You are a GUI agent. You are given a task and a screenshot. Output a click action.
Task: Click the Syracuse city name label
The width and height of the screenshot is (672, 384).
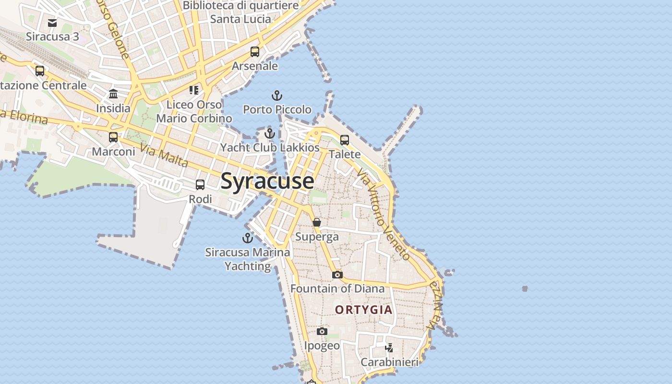click(267, 181)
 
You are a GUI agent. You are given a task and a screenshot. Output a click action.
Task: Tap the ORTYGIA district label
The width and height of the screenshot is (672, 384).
click(364, 310)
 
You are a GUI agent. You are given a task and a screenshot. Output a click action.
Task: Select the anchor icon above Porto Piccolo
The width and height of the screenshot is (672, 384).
click(277, 96)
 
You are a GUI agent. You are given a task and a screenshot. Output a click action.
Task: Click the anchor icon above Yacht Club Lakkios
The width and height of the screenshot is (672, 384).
click(270, 133)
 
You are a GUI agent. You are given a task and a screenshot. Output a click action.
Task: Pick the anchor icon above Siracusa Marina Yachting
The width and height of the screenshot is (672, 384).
click(247, 238)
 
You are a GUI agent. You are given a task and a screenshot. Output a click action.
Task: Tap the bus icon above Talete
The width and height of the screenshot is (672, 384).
click(345, 140)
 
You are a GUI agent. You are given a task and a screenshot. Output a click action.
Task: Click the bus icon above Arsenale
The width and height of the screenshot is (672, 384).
click(255, 52)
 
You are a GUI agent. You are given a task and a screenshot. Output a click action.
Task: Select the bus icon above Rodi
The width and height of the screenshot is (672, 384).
click(200, 185)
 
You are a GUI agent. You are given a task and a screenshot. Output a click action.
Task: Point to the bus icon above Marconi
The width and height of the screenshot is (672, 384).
click(113, 137)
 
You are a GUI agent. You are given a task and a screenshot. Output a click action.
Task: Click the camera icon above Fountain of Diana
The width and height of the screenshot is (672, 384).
click(337, 275)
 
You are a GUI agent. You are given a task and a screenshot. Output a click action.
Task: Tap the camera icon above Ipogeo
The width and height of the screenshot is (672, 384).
click(322, 331)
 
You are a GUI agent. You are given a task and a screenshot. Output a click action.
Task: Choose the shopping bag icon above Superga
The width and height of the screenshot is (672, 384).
click(317, 222)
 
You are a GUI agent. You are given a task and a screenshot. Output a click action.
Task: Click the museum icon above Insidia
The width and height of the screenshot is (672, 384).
click(113, 94)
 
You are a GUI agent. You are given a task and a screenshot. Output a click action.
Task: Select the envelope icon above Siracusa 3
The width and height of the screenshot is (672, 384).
click(52, 23)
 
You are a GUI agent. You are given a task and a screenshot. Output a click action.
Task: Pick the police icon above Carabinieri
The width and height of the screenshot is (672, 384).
click(389, 348)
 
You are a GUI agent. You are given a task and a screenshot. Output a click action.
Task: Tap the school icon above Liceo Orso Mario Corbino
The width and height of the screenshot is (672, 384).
click(194, 90)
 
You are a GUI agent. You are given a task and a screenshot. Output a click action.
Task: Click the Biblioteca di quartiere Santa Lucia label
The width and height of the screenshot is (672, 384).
click(241, 12)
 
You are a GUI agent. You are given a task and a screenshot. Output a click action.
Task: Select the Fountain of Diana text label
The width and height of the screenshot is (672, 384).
click(337, 288)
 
